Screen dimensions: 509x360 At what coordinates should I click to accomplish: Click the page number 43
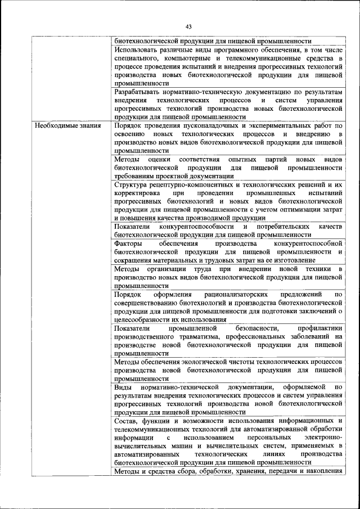(x=188, y=26)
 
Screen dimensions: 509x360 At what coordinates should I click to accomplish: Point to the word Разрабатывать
(x=139, y=91)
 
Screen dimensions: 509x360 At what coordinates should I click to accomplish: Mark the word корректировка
(x=139, y=193)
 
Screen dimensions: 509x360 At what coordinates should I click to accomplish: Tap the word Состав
(x=126, y=421)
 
